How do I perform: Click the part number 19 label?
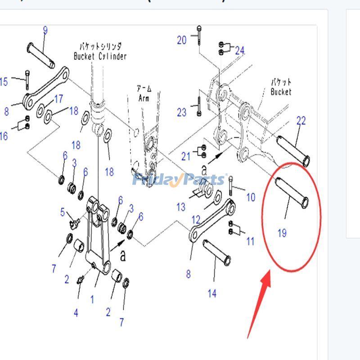pyautogui.click(x=282, y=233)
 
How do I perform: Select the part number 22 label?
pyautogui.click(x=301, y=121)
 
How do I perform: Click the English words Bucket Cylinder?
pyautogui.click(x=100, y=56)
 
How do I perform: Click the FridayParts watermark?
pyautogui.click(x=180, y=180)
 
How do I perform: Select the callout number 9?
pyautogui.click(x=45, y=31)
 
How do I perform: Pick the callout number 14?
pyautogui.click(x=212, y=293)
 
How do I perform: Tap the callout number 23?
pyautogui.click(x=181, y=112)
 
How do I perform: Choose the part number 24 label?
pyautogui.click(x=239, y=50)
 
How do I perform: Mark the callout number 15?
pyautogui.click(x=4, y=82)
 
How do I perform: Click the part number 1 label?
pyautogui.click(x=92, y=299)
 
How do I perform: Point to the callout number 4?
pyautogui.click(x=76, y=312)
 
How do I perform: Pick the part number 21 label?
pyautogui.click(x=186, y=156)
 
